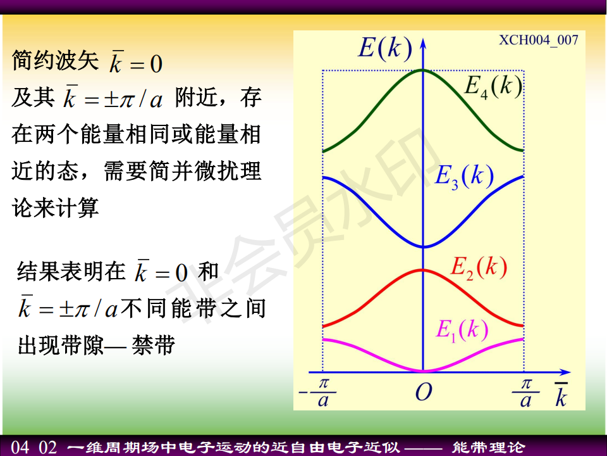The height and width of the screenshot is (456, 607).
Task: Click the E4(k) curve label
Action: pyautogui.click(x=493, y=87)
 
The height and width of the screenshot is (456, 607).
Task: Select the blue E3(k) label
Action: pyautogui.click(x=464, y=176)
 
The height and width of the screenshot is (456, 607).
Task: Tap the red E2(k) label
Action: pyautogui.click(x=479, y=267)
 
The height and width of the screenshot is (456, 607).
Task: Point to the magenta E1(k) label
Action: pyautogui.click(x=462, y=330)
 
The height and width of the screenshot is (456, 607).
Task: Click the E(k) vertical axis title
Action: pyautogui.click(x=385, y=48)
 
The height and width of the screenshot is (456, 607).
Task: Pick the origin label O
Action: pyautogui.click(x=424, y=393)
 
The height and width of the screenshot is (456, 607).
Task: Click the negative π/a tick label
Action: pyautogui.click(x=318, y=393)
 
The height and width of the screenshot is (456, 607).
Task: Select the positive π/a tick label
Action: pyautogui.click(x=525, y=393)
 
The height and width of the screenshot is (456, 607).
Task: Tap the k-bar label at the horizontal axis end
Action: pyautogui.click(x=561, y=395)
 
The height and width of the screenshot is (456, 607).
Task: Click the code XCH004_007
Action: pyautogui.click(x=539, y=40)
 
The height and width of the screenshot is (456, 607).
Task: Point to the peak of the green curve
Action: pyautogui.click(x=423, y=70)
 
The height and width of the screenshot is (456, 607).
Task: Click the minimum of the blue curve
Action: pyautogui.click(x=423, y=246)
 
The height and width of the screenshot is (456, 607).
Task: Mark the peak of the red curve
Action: pyautogui.click(x=423, y=270)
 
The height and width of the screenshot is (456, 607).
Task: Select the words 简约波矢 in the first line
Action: pyautogui.click(x=56, y=61)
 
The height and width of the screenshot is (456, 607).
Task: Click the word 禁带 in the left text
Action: pyautogui.click(x=154, y=345)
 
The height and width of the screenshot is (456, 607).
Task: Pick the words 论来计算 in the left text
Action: pyautogui.click(x=56, y=208)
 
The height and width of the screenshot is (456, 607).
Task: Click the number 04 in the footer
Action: pyautogui.click(x=20, y=447)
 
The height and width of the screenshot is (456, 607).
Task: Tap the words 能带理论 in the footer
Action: pyautogui.click(x=489, y=448)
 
